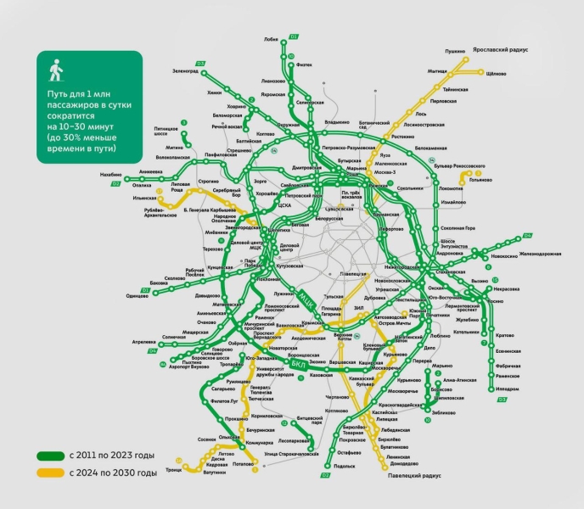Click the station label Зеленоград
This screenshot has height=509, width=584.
coord(184,71)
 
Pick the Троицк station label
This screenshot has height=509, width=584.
coord(173,470)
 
